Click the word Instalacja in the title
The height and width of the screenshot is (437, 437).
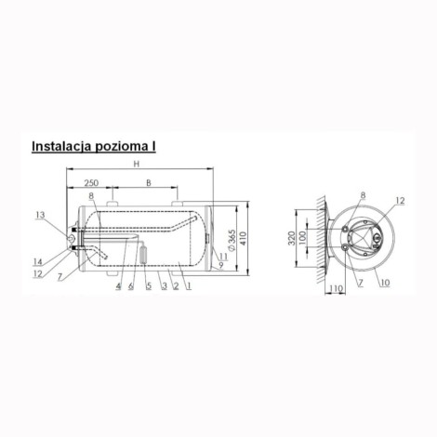click(x=61, y=146)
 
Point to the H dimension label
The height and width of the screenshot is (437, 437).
click(x=137, y=164)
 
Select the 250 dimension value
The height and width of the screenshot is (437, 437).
click(x=91, y=183)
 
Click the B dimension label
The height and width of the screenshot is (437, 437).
click(x=149, y=183)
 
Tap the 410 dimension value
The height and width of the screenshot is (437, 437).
click(x=243, y=238)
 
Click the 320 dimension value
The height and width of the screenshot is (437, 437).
click(x=291, y=238)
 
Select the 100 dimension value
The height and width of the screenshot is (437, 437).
click(x=302, y=238)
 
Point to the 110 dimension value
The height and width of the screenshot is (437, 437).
click(x=336, y=289)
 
